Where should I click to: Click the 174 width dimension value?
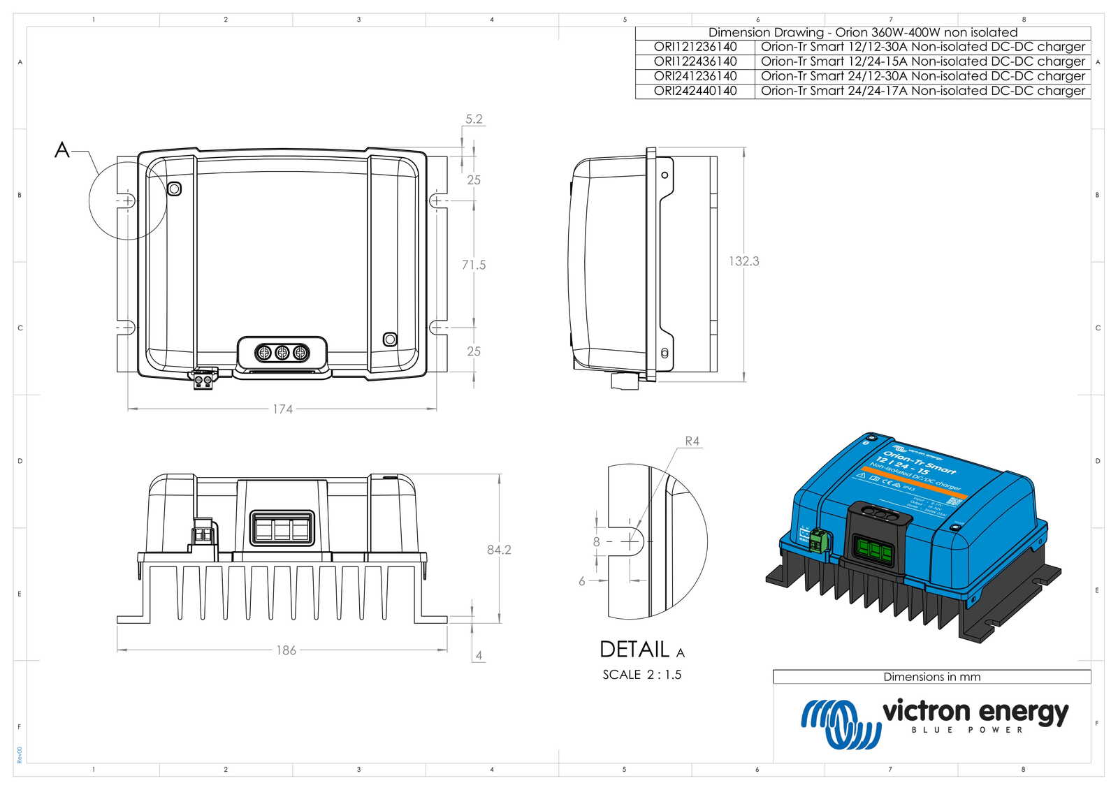click(x=282, y=409)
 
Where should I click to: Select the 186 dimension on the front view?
click(x=286, y=650)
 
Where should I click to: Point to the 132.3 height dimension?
click(x=743, y=261)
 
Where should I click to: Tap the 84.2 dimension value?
click(x=499, y=550)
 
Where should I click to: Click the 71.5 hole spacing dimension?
click(x=473, y=265)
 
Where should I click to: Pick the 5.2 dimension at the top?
click(x=474, y=119)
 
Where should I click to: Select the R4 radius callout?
click(x=692, y=441)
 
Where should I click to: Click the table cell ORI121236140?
click(x=695, y=47)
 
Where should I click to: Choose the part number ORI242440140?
click(x=695, y=91)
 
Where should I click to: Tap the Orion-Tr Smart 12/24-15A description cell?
click(x=922, y=61)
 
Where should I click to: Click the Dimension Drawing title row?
click(x=862, y=33)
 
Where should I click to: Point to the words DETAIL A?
click(x=641, y=650)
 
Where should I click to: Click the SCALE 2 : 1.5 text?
click(x=641, y=675)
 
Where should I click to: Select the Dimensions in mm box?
click(x=931, y=677)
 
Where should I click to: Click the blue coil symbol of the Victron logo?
click(x=841, y=723)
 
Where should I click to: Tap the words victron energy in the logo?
click(x=975, y=712)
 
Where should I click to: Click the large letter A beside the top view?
click(x=62, y=150)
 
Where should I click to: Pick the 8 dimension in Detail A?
click(x=596, y=542)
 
